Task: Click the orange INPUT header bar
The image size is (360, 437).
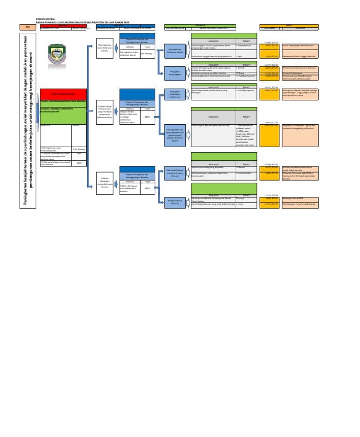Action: (289, 25)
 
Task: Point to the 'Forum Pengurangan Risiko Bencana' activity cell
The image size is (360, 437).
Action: (300, 46)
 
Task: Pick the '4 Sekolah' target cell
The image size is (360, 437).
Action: (246, 68)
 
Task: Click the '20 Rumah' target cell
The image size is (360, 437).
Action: (246, 167)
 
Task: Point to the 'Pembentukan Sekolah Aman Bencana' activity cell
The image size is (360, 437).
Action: (300, 68)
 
